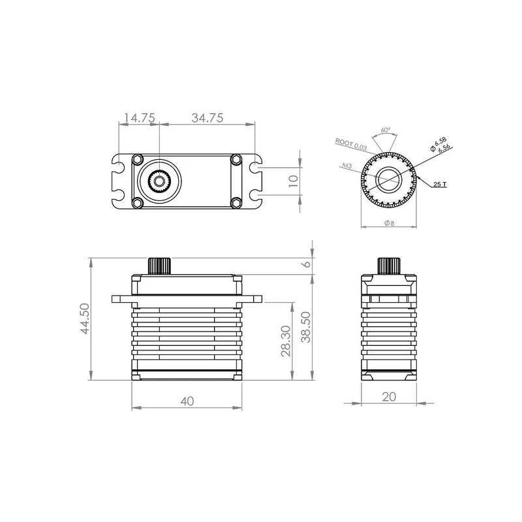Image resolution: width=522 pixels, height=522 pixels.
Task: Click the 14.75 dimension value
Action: tap(140, 118)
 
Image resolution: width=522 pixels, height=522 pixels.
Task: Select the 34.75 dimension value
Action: tap(207, 118)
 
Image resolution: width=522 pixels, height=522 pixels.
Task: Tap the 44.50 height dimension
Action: tap(85, 318)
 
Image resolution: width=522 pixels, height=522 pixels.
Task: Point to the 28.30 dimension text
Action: tap(286, 341)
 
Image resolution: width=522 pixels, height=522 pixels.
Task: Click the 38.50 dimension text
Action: tap(305, 327)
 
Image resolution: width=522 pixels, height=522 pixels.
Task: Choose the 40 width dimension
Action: tap(187, 401)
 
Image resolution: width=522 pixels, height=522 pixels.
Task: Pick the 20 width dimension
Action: tap(389, 397)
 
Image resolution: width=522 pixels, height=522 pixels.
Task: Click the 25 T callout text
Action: tap(440, 184)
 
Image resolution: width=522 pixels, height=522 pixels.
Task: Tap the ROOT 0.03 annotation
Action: tap(351, 144)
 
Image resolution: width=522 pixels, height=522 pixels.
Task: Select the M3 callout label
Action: tap(347, 165)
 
